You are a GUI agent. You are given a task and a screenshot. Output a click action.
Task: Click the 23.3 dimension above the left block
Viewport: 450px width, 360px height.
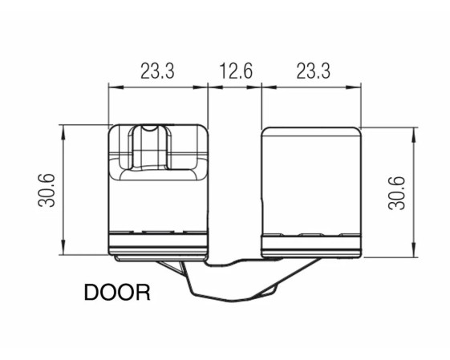(x=157, y=71)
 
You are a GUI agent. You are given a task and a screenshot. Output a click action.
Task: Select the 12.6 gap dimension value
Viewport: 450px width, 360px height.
(x=236, y=71)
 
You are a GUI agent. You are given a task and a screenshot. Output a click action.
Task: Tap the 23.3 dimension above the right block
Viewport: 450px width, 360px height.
(x=313, y=71)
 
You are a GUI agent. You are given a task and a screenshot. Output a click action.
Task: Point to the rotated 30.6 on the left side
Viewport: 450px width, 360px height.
(x=47, y=190)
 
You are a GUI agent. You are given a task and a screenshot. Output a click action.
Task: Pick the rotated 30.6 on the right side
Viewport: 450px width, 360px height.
(x=396, y=193)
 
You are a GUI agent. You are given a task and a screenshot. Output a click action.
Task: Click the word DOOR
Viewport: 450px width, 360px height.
(x=117, y=293)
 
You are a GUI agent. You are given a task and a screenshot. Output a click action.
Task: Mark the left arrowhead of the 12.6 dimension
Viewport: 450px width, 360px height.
(x=215, y=87)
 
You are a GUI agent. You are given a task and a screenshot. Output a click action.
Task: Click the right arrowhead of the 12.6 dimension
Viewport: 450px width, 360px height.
(x=254, y=87)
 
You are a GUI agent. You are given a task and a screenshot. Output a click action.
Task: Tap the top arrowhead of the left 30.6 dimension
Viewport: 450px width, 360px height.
(x=63, y=132)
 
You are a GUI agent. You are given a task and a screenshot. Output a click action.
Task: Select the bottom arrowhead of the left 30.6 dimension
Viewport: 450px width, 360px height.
(x=63, y=247)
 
